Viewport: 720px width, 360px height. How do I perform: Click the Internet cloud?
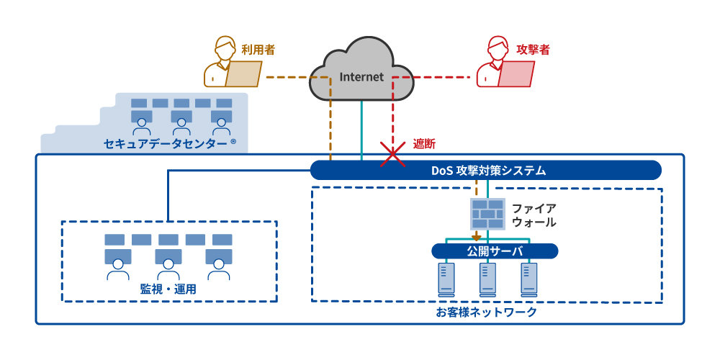[360, 72]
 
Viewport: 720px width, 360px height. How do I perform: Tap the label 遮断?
[424, 144]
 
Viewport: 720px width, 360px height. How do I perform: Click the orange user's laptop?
[244, 73]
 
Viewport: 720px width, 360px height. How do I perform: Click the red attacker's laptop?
[516, 73]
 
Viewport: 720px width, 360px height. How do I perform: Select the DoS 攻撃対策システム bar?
[486, 171]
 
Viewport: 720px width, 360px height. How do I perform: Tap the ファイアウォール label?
[534, 215]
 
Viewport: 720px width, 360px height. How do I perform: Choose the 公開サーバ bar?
[495, 251]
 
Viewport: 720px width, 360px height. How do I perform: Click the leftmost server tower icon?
[446, 279]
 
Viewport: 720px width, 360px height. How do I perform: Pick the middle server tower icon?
[488, 279]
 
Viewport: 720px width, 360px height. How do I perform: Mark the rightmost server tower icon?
[530, 279]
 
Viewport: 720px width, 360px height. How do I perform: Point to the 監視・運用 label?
[168, 289]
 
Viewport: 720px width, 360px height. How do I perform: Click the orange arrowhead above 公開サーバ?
[476, 237]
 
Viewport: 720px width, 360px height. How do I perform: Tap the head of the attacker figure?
[498, 48]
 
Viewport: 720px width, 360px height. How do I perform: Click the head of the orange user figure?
[225, 48]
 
